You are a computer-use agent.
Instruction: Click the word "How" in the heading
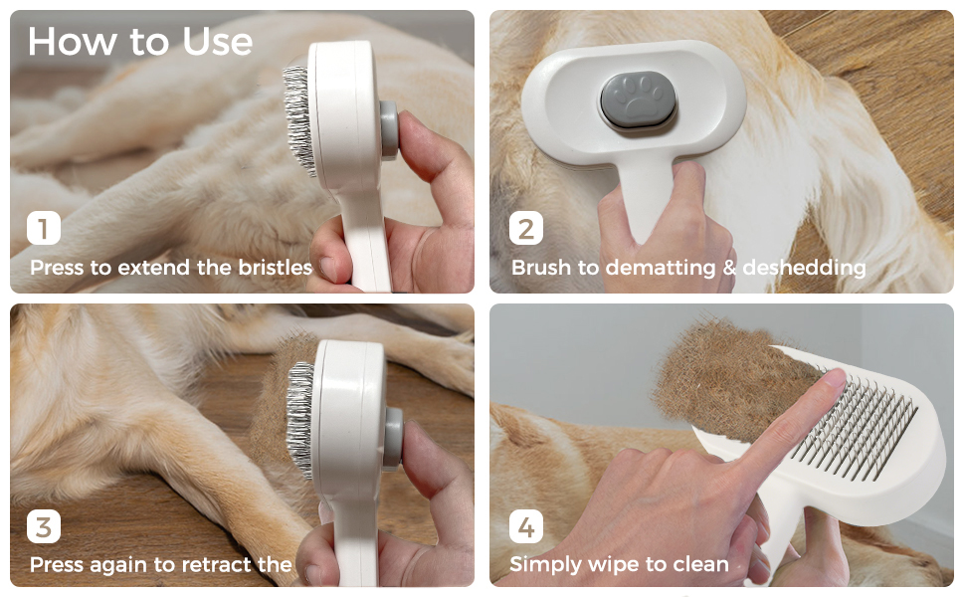tap(73, 42)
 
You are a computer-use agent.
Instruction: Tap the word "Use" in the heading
tap(217, 42)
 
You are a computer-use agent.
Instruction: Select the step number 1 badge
tap(43, 228)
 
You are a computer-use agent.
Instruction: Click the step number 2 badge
tap(525, 228)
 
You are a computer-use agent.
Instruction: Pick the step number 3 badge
tap(43, 526)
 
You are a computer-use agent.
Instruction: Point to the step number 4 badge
tap(525, 526)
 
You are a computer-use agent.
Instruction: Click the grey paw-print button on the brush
tap(639, 99)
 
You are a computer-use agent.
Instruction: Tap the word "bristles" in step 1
tap(276, 267)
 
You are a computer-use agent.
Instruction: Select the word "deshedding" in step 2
tap(804, 268)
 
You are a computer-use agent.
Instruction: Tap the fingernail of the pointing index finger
tap(835, 377)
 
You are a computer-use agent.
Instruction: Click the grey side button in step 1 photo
tap(389, 130)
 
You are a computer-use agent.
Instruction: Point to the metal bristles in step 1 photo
tap(299, 120)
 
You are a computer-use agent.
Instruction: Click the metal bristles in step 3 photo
tap(301, 419)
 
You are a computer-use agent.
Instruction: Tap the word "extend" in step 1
tap(153, 267)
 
